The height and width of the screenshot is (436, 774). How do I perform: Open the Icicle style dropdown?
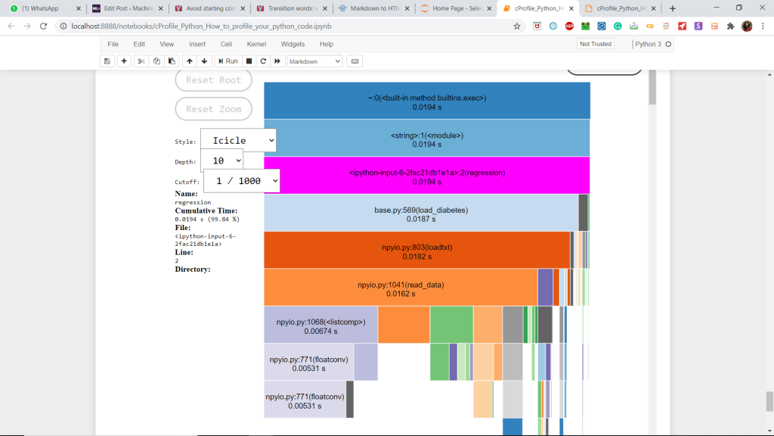point(238,140)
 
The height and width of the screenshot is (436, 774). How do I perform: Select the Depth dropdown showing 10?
point(221,160)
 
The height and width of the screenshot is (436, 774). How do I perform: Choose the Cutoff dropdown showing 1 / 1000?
point(241,181)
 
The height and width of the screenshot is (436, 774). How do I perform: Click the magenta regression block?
point(427,176)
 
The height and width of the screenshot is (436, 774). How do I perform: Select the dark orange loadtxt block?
point(416,251)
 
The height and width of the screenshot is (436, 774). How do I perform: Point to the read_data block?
point(401,288)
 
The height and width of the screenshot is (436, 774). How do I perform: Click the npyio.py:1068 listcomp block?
point(320,325)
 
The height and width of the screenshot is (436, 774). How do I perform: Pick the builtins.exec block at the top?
point(427,101)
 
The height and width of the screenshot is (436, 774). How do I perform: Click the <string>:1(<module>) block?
point(427,139)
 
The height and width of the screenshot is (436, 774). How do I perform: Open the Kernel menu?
point(256,44)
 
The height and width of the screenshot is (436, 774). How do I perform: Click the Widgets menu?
point(293,44)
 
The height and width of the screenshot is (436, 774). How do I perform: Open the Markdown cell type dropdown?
point(314,61)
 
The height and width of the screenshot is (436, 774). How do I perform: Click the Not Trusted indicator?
point(595,44)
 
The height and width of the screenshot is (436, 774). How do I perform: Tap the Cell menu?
point(226,44)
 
